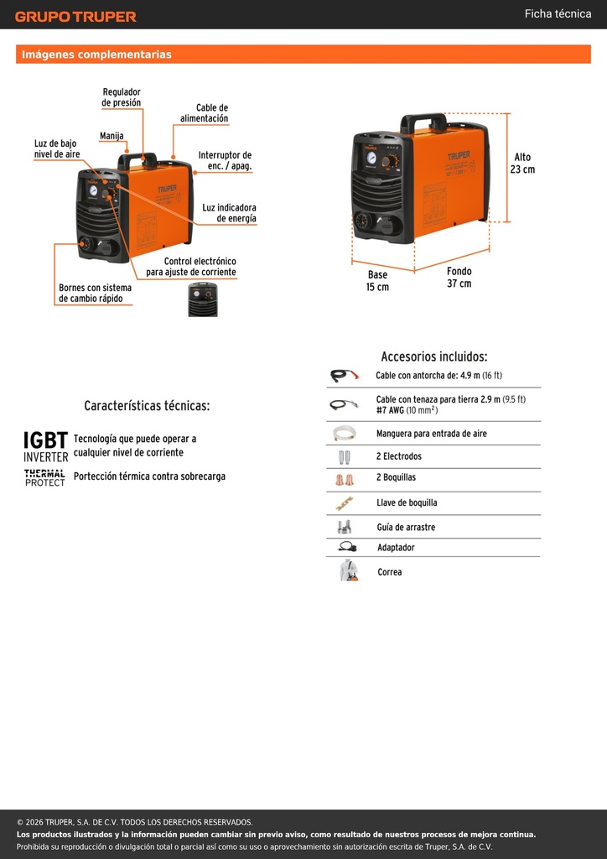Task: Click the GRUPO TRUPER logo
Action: (75, 17)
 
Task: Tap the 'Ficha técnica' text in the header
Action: (558, 13)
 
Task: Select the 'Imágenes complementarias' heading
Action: (96, 55)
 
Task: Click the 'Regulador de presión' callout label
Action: (122, 97)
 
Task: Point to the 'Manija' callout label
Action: (112, 136)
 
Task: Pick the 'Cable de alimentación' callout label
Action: (205, 113)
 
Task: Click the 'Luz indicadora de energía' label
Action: (230, 213)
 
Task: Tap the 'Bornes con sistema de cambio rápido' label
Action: (96, 293)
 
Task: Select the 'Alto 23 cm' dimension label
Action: (522, 164)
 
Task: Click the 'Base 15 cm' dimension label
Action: (377, 280)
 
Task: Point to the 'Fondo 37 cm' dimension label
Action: (459, 277)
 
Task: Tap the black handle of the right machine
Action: (423, 121)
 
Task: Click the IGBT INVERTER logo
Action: (46, 446)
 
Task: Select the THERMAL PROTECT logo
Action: (45, 477)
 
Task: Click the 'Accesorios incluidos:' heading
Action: (434, 357)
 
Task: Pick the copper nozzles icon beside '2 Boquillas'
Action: (345, 480)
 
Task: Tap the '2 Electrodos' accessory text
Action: (399, 456)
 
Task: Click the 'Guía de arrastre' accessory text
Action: (406, 527)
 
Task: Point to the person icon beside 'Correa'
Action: (348, 570)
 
